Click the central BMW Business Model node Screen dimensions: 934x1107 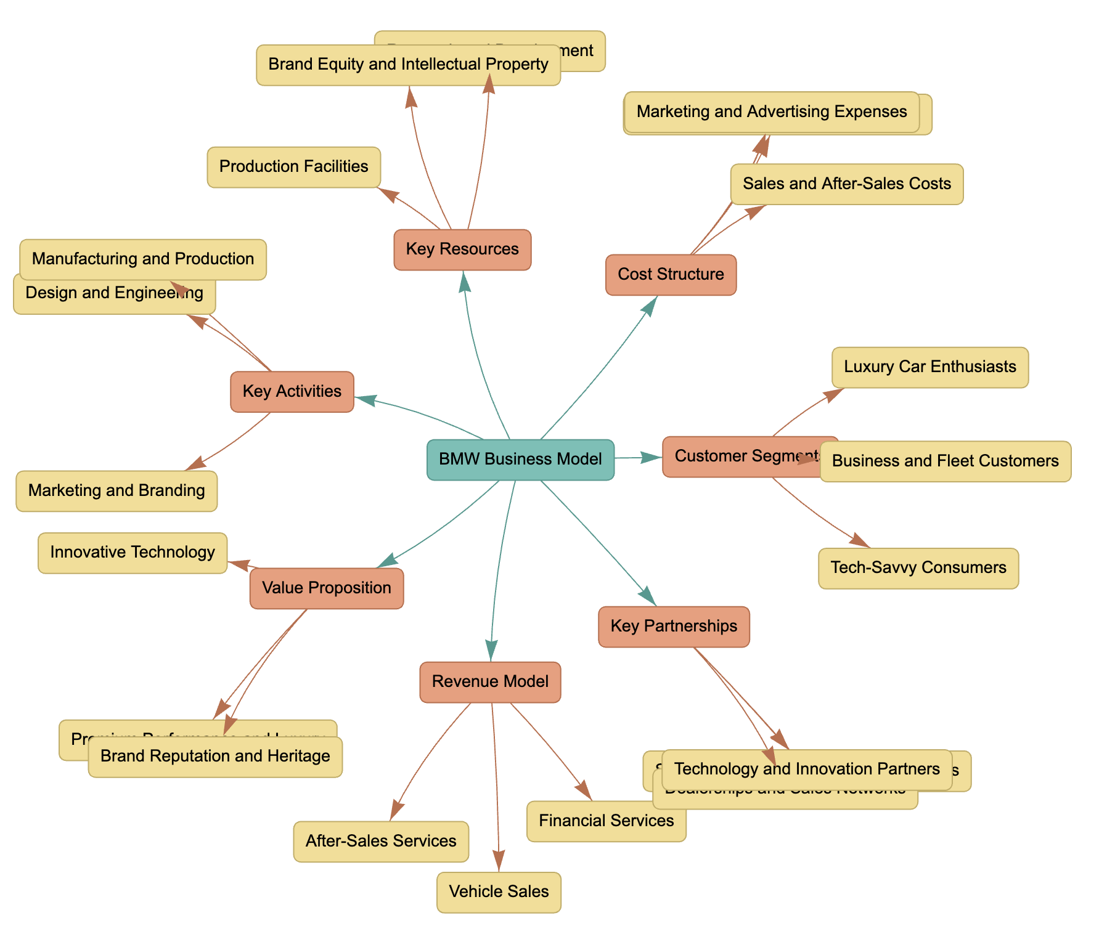[x=520, y=460]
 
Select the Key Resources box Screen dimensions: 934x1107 [x=462, y=250]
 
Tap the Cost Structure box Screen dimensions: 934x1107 [x=671, y=275]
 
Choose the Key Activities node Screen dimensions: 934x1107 [x=292, y=392]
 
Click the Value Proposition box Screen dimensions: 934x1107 [x=326, y=588]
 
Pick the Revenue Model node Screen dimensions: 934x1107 [x=490, y=682]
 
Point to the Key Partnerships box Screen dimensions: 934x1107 [x=674, y=627]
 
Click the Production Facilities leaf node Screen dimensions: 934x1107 [x=293, y=167]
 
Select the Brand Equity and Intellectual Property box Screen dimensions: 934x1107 [x=408, y=65]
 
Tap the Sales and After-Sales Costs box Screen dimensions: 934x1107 [x=846, y=184]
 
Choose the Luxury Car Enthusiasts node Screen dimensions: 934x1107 [x=929, y=367]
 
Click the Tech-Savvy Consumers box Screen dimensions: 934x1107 [x=918, y=568]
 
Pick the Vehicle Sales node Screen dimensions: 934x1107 [x=499, y=892]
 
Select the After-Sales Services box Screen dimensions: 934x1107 [x=380, y=842]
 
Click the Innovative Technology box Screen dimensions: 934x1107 [x=133, y=553]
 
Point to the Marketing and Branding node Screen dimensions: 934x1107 [x=116, y=491]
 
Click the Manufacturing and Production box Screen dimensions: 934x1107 [x=142, y=259]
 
